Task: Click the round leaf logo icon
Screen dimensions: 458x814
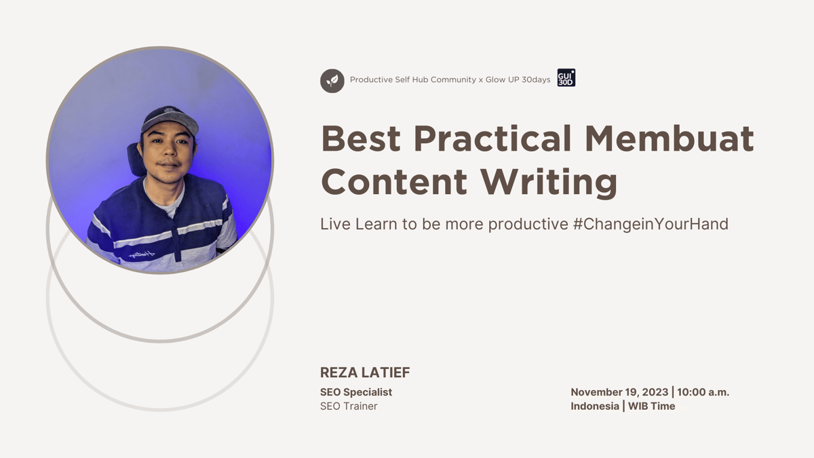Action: (x=332, y=81)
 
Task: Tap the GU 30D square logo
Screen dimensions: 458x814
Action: (x=566, y=78)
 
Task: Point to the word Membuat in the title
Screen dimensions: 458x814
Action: (x=669, y=139)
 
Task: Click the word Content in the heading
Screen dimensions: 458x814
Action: (x=394, y=181)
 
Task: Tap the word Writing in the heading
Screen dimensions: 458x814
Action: (x=549, y=181)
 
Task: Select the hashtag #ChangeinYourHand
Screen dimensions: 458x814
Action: (x=650, y=224)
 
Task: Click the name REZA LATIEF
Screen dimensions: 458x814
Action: (x=365, y=373)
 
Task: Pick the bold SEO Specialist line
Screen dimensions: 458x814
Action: (x=356, y=392)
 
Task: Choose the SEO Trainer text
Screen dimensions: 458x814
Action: (x=349, y=406)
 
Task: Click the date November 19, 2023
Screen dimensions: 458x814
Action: (x=619, y=392)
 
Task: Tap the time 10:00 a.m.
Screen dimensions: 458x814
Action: (x=703, y=392)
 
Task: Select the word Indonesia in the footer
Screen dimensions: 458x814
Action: (x=594, y=406)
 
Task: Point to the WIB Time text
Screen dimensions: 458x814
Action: (x=651, y=406)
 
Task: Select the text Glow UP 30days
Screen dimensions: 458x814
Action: (x=518, y=80)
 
